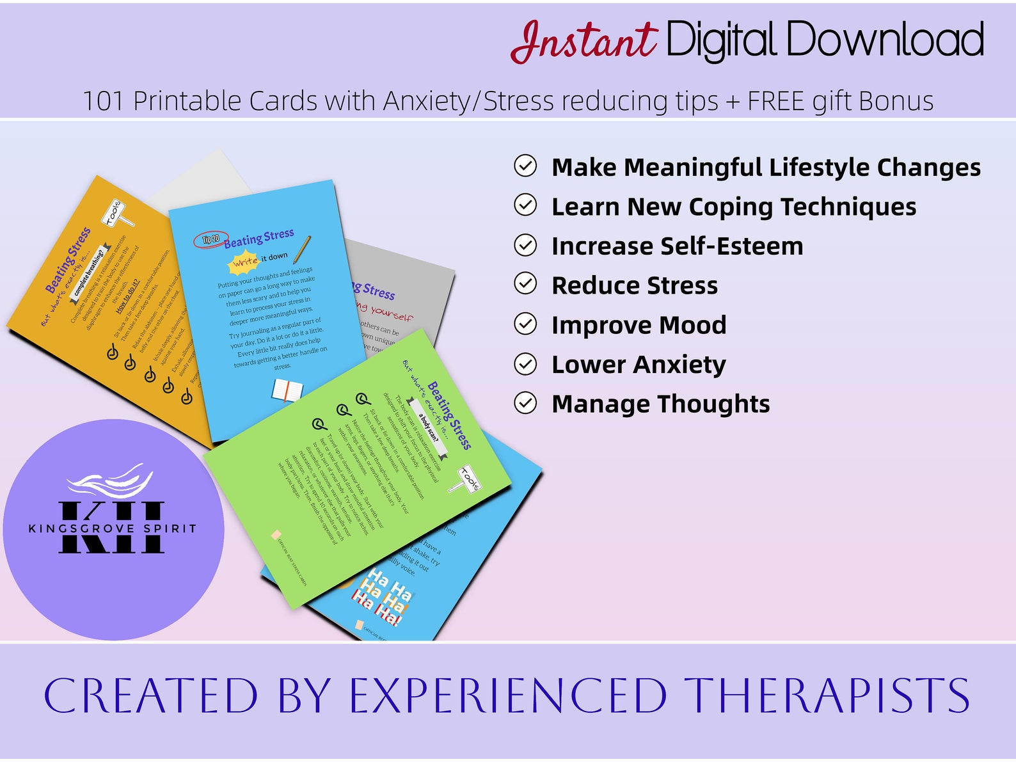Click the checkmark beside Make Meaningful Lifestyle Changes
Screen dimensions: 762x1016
click(525, 166)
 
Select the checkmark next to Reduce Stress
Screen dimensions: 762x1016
click(525, 283)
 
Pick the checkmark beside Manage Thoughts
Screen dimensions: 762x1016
click(525, 403)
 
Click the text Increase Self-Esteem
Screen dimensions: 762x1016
click(677, 246)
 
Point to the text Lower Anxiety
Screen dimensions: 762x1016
click(639, 365)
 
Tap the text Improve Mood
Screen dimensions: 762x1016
click(639, 325)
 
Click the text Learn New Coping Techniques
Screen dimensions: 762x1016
click(733, 207)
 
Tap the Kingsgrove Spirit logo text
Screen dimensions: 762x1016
click(113, 528)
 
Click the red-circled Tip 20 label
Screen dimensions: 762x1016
click(210, 239)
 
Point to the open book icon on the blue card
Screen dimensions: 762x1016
click(287, 390)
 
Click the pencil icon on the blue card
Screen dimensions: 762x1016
click(302, 250)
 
